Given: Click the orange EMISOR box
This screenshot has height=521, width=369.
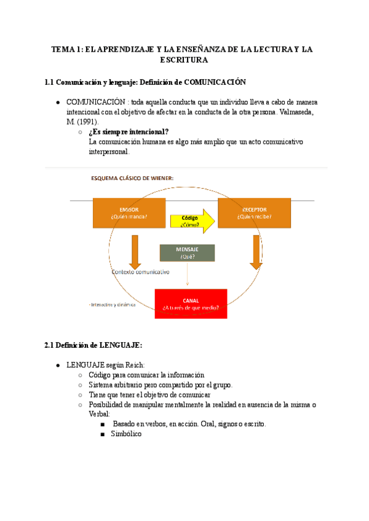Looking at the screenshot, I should click(x=129, y=213).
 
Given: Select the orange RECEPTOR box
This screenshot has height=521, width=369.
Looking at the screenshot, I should click(x=254, y=213).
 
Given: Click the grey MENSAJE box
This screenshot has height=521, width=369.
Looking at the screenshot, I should click(x=187, y=253).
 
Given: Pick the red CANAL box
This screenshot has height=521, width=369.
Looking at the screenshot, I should click(x=191, y=304).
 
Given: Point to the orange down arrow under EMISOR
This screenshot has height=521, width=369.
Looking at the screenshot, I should click(x=135, y=251).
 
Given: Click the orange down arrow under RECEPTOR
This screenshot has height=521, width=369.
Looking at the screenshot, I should click(x=256, y=251).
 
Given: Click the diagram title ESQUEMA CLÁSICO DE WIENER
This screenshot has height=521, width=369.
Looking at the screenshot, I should click(x=132, y=178).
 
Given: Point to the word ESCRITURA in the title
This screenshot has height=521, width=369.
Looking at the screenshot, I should click(x=184, y=60).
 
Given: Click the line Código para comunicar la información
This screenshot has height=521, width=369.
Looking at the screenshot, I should click(x=146, y=375).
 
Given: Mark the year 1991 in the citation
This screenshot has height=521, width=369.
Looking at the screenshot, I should click(x=86, y=122).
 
